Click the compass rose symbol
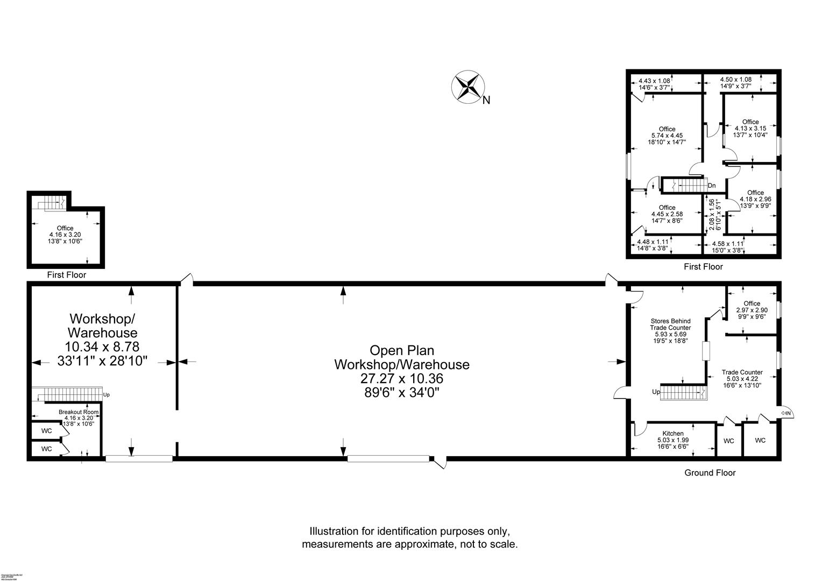coord(467,87)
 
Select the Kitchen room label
coord(672,434)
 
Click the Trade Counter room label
coord(742,372)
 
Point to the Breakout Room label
coord(79,412)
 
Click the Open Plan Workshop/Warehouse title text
coord(401,358)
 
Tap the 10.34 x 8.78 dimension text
coord(102,346)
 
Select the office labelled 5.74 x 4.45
coord(667,129)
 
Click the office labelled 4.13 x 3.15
coord(750,122)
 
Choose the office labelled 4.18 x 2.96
coord(755,193)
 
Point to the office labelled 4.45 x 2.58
coord(667,208)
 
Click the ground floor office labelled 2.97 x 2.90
coord(752,304)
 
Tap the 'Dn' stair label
coord(712,186)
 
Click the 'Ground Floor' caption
coord(710,473)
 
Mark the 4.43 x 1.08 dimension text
coord(654,81)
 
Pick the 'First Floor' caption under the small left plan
coord(66,275)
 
